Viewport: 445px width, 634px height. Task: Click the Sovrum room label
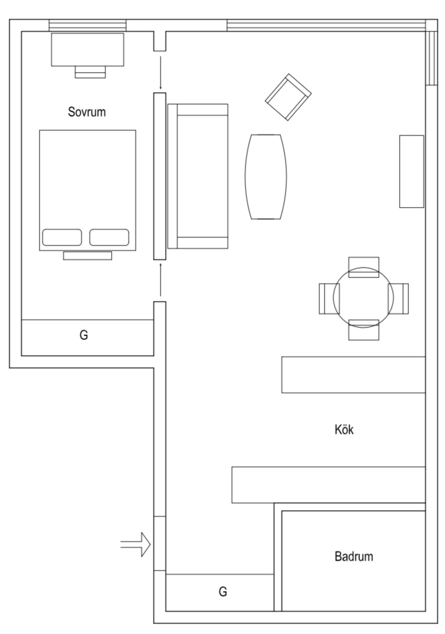point(87,112)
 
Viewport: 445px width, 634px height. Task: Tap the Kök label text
point(344,430)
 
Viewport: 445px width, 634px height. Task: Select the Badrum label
point(354,557)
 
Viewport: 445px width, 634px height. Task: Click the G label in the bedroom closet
point(84,336)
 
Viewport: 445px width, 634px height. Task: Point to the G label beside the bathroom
point(223,592)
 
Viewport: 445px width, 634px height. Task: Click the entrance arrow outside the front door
point(136,545)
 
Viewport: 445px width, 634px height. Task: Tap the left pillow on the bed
point(62,237)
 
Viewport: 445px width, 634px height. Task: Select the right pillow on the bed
point(109,237)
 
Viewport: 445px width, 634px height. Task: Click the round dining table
point(364,298)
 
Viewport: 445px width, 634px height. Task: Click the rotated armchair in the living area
point(288,98)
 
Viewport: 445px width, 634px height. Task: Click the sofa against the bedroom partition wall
point(197,176)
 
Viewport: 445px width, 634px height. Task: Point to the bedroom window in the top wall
point(87,25)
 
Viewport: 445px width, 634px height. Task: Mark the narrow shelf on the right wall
point(411,171)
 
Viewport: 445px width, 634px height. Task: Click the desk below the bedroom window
point(88,49)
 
